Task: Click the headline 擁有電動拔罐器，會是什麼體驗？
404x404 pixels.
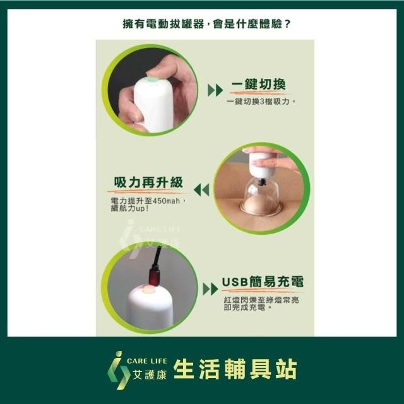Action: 206,24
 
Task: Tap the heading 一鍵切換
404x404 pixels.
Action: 258,84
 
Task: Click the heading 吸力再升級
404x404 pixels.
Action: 148,182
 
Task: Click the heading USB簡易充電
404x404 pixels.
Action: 263,282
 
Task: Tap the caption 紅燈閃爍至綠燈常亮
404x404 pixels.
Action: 261,300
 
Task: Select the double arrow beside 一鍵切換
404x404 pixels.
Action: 215,90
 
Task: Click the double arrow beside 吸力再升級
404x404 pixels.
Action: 201,190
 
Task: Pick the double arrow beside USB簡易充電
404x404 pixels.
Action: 210,289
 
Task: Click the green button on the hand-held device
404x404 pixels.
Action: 153,80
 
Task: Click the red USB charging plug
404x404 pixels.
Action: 154,276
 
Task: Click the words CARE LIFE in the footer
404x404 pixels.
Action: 146,361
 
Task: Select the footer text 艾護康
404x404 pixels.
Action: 149,374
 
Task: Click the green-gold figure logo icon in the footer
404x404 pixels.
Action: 118,370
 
